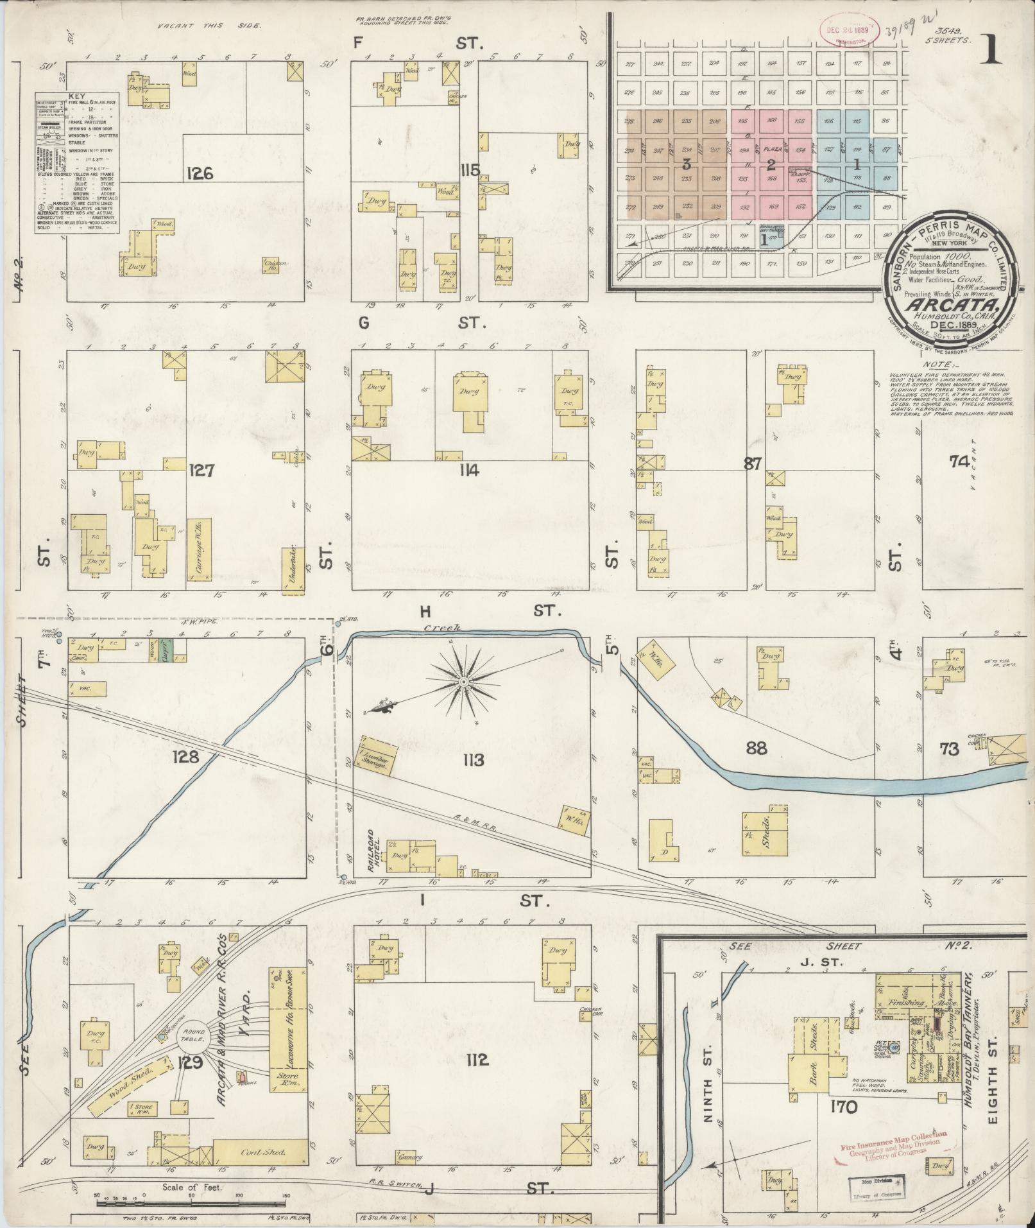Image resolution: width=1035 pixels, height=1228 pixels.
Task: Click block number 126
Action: click(x=200, y=173)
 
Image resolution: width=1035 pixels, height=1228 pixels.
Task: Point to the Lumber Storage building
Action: click(x=377, y=756)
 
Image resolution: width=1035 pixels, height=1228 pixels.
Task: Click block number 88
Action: click(x=757, y=747)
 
